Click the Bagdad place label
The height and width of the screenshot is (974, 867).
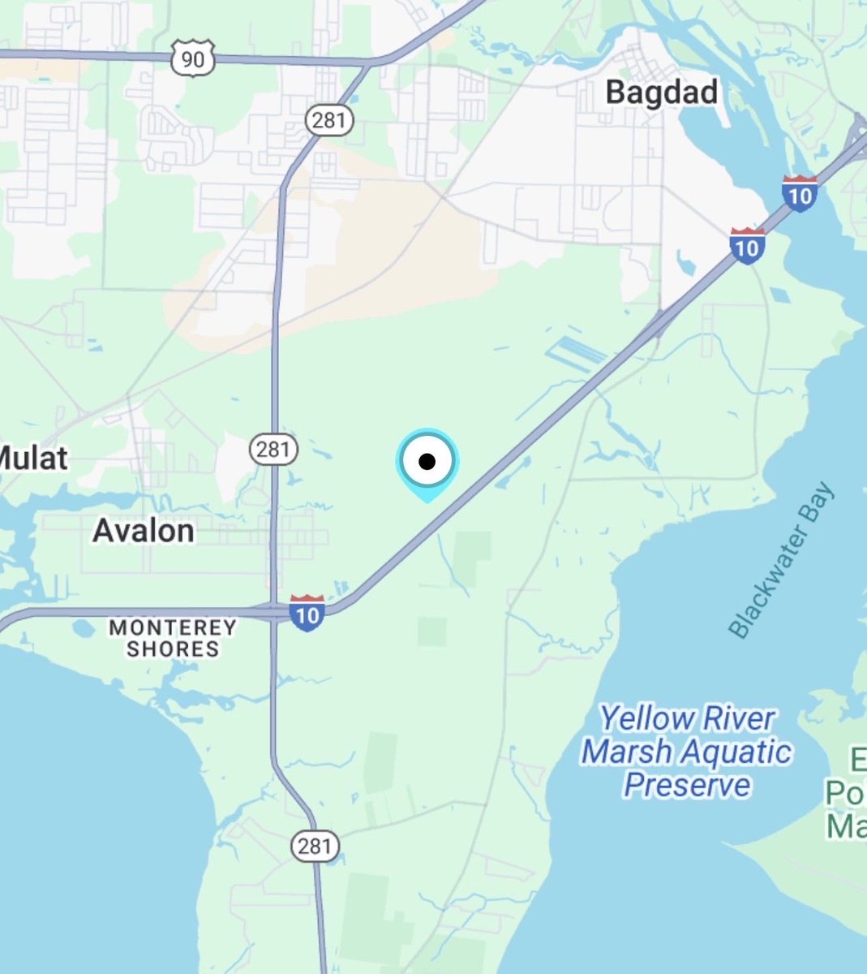(x=662, y=92)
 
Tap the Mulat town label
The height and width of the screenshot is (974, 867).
(x=32, y=459)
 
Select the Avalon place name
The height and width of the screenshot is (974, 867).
(x=144, y=531)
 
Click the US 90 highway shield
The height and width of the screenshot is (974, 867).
(x=193, y=58)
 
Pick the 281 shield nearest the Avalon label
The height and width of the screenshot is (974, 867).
(x=273, y=449)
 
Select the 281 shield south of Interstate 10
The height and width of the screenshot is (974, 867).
(x=314, y=847)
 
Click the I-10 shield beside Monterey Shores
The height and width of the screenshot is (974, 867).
(x=307, y=614)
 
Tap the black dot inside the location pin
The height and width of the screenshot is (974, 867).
(x=427, y=462)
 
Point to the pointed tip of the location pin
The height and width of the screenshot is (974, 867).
(x=427, y=500)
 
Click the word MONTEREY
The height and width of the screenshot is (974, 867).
(x=173, y=627)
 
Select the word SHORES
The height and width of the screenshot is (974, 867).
(x=173, y=649)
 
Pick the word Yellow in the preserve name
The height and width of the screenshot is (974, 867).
(x=646, y=718)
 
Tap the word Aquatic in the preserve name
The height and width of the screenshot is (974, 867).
(x=738, y=752)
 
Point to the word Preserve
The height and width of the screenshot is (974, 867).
(x=687, y=786)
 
